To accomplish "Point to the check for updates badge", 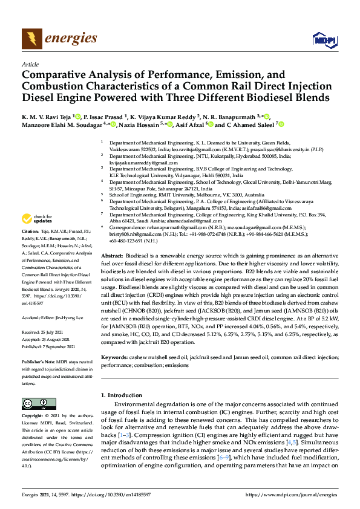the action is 37,219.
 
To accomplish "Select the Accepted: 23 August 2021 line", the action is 45,338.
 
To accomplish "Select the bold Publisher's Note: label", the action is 37,361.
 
